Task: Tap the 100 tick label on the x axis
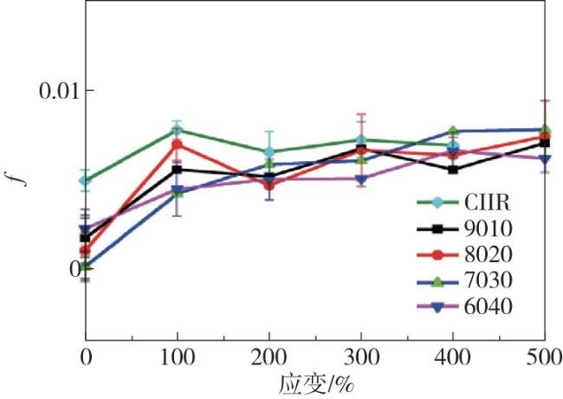[178, 357]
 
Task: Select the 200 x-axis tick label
[269, 357]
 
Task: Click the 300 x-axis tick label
[361, 357]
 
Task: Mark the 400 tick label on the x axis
[453, 357]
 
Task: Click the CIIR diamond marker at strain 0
[86, 181]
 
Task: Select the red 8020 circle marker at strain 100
[178, 145]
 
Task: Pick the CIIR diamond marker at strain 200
[269, 152]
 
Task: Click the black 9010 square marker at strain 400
[453, 170]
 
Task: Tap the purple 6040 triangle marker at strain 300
[361, 179]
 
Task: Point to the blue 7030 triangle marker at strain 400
[453, 132]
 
